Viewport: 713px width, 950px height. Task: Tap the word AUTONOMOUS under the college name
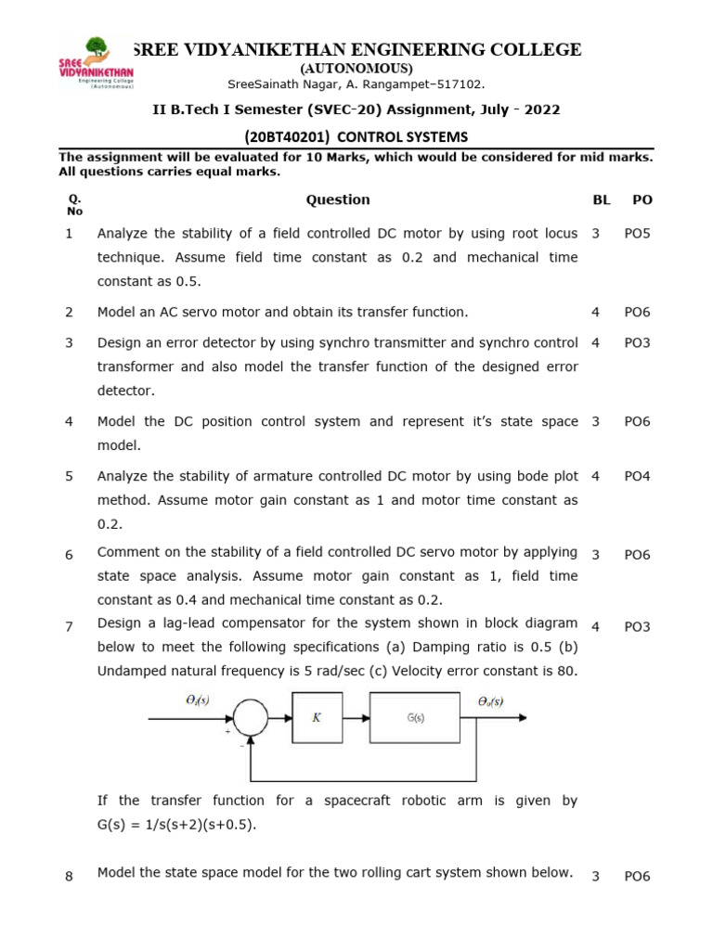pyautogui.click(x=356, y=69)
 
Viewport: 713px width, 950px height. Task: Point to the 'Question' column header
pyautogui.click(x=338, y=199)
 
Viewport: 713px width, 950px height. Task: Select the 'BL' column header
pyautogui.click(x=601, y=199)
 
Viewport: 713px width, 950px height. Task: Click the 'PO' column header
pyautogui.click(x=642, y=199)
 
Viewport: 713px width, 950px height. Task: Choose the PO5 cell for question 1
pyautogui.click(x=637, y=233)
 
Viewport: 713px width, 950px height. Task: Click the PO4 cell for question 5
pyautogui.click(x=637, y=476)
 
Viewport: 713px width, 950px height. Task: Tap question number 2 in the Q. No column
pyautogui.click(x=69, y=313)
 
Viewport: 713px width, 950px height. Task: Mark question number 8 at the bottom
pyautogui.click(x=69, y=876)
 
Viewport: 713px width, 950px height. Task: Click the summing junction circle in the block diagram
pyautogui.click(x=249, y=716)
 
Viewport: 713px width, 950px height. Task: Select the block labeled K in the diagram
pyautogui.click(x=317, y=716)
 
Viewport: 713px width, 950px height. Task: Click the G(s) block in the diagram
pyautogui.click(x=416, y=716)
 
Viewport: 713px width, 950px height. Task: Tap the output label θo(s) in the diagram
pyautogui.click(x=490, y=701)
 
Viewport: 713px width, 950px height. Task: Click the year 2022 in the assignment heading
pyautogui.click(x=541, y=109)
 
